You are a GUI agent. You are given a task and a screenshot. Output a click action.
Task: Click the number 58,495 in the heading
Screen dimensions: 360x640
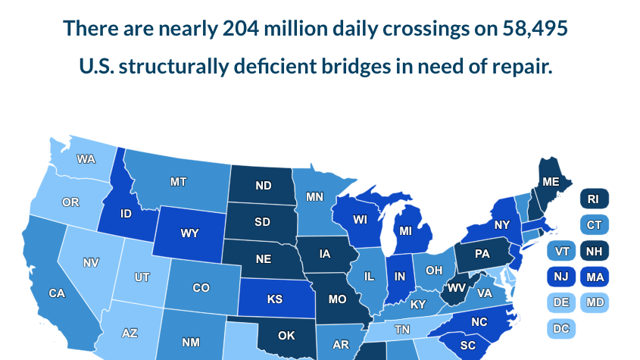coord(535,29)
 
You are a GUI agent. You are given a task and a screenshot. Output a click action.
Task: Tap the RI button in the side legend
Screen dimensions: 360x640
coord(593,199)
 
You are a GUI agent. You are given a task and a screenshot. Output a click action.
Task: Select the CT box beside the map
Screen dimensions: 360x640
coord(593,225)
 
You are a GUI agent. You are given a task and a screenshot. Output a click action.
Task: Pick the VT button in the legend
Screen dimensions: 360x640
coord(561,252)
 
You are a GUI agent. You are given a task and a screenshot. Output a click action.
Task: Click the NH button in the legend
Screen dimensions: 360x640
coord(593,252)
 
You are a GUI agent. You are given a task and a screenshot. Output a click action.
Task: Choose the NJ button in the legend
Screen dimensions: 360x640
coord(561,277)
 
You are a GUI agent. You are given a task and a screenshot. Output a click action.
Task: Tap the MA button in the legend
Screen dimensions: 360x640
coord(593,277)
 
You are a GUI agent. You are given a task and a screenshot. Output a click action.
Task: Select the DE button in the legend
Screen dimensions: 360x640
coord(561,303)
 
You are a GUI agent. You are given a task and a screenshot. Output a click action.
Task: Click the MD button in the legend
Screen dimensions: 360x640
coord(593,303)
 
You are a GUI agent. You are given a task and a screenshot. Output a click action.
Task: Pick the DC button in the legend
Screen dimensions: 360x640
coord(561,329)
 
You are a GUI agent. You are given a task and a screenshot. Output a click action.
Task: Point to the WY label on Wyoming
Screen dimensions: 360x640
coord(189,233)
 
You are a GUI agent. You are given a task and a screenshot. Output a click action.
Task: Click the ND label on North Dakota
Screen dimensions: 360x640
coord(264,186)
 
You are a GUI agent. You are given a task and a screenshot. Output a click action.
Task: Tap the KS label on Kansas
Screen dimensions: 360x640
coord(274,299)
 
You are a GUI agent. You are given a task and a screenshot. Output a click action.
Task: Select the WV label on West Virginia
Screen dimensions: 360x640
coord(456,288)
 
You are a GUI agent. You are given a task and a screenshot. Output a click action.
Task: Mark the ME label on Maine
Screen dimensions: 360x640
coord(551,182)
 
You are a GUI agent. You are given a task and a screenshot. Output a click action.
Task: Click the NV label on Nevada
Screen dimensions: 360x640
coord(91,263)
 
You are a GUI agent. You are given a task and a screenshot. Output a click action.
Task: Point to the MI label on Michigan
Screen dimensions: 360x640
coord(406,230)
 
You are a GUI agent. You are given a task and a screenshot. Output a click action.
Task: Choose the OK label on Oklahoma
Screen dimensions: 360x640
coord(286,336)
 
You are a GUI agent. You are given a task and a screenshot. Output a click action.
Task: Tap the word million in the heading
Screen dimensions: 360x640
coord(291,29)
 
